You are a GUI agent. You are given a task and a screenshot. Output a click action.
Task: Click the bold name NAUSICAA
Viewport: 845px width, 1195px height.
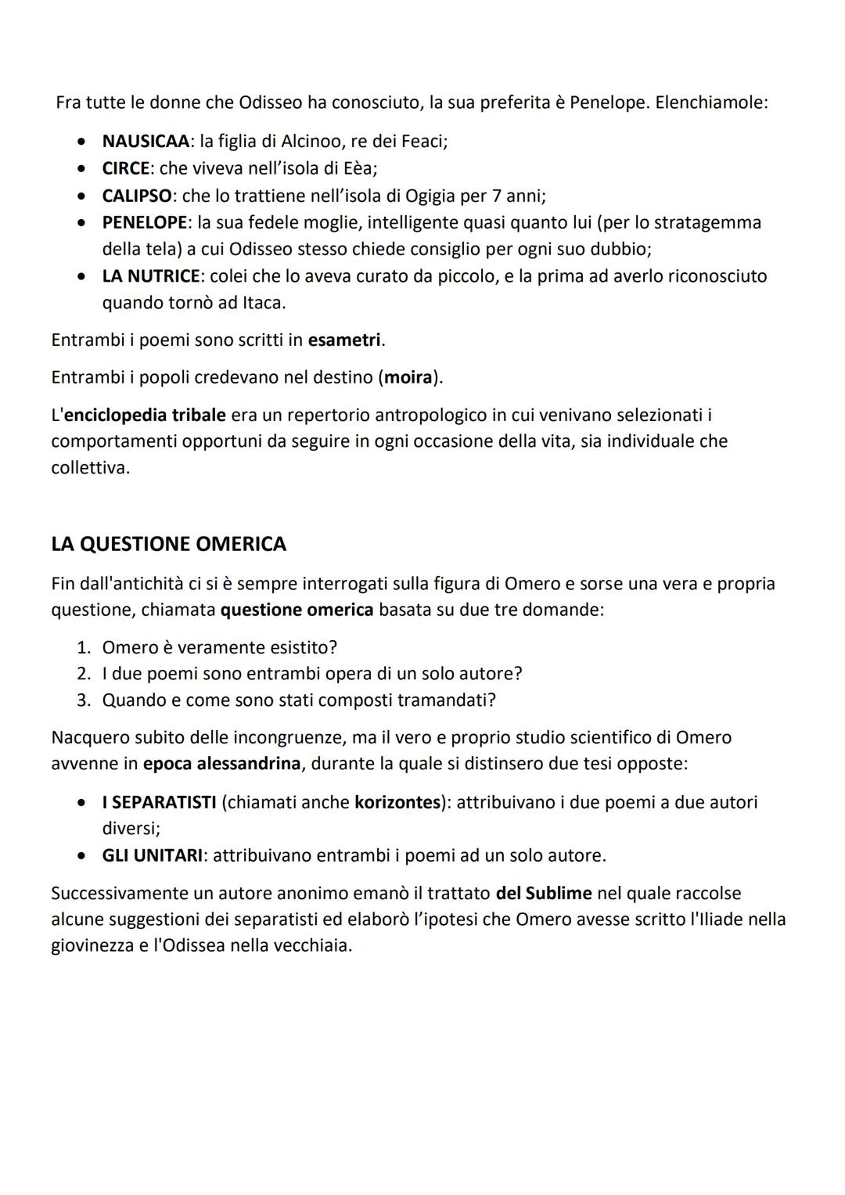pyautogui.click(x=146, y=142)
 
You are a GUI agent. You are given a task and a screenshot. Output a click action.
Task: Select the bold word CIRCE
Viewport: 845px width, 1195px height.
pyautogui.click(x=125, y=168)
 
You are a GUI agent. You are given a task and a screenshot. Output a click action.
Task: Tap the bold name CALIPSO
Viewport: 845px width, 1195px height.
pyautogui.click(x=137, y=196)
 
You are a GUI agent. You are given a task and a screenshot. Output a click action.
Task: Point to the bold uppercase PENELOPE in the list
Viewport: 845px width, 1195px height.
pyautogui.click(x=144, y=222)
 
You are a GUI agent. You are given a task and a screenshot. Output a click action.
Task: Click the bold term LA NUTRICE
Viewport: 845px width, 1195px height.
pyautogui.click(x=151, y=276)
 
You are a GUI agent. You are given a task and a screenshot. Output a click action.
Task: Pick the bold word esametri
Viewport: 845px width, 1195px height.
pyautogui.click(x=344, y=340)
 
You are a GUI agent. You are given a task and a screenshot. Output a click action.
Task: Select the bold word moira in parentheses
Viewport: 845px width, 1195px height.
pyautogui.click(x=408, y=378)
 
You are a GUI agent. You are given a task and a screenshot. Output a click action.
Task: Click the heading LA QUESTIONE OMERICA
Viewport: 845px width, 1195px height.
pyautogui.click(x=168, y=544)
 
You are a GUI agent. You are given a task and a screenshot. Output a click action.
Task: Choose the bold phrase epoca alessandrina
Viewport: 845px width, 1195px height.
pyautogui.click(x=221, y=764)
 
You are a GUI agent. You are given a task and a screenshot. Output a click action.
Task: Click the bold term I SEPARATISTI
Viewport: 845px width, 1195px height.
pyautogui.click(x=159, y=803)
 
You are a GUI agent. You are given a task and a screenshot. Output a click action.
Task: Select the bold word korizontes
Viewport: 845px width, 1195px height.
pyautogui.click(x=397, y=803)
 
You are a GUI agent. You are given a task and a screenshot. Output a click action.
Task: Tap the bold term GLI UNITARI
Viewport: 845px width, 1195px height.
pyautogui.click(x=153, y=856)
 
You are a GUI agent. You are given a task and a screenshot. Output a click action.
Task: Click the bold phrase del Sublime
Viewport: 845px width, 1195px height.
pyautogui.click(x=544, y=894)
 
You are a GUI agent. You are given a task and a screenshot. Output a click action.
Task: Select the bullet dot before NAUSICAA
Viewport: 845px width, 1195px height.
pyautogui.click(x=81, y=142)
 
